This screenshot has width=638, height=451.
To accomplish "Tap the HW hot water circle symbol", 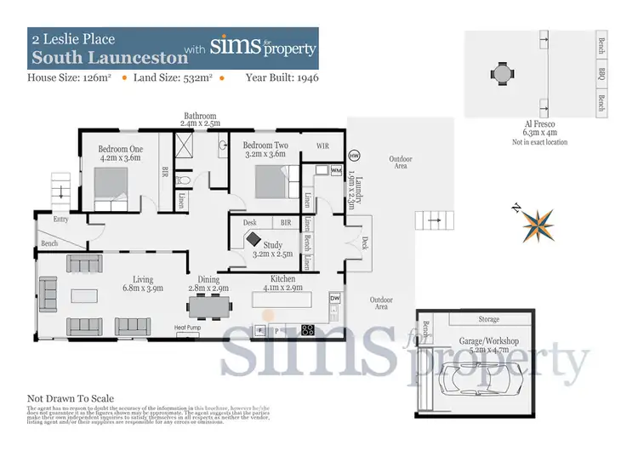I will pyautogui.click(x=354, y=156).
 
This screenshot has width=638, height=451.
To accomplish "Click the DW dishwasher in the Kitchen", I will pyautogui.click(x=334, y=299).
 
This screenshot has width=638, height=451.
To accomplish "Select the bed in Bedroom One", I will pyautogui.click(x=111, y=186).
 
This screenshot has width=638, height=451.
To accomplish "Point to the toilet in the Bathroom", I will pyautogui.click(x=185, y=181).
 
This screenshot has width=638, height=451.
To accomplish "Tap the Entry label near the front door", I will pyautogui.click(x=60, y=219).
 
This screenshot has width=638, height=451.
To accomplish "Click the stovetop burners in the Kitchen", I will pyautogui.click(x=309, y=330).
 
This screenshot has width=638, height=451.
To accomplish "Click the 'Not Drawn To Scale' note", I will pyautogui.click(x=71, y=398).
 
